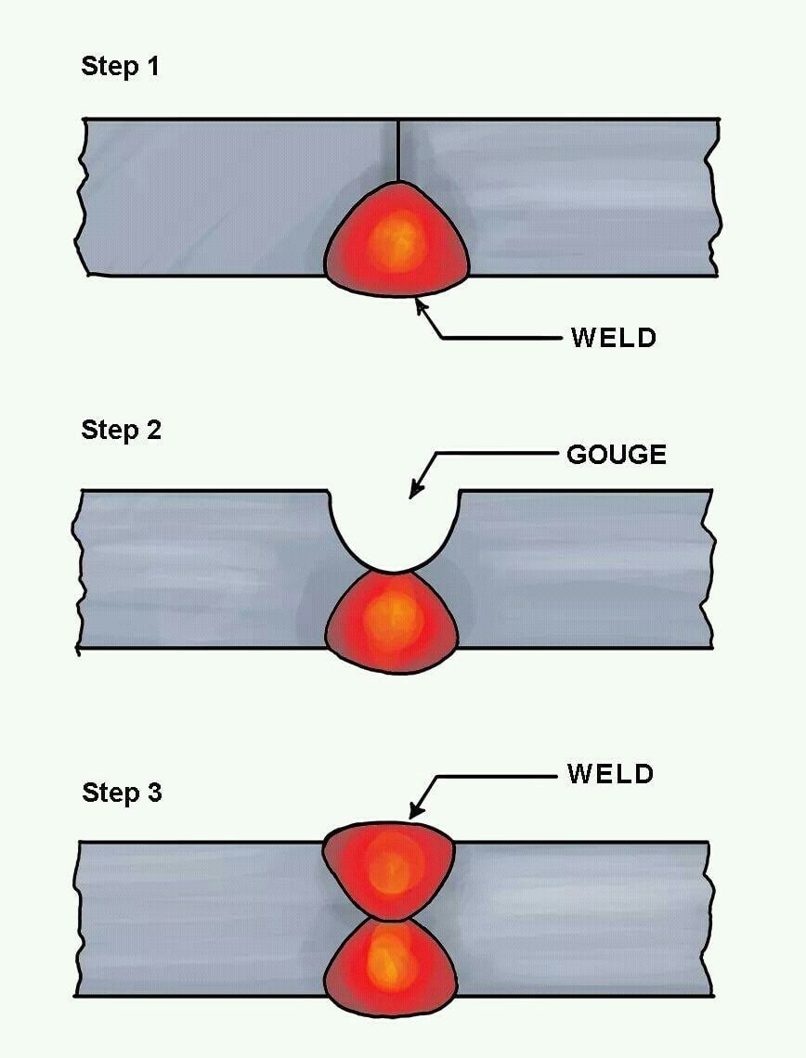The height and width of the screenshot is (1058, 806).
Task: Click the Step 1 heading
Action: [120, 66]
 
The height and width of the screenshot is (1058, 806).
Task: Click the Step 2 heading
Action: [122, 430]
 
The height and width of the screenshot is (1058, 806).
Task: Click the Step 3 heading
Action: [123, 793]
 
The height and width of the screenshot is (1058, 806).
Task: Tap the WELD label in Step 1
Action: [614, 338]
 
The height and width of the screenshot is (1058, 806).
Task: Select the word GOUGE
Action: [617, 454]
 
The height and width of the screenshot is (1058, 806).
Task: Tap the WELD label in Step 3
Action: [611, 773]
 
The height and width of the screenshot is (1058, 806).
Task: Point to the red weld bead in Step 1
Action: [396, 239]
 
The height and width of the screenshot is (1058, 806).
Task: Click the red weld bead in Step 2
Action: [392, 622]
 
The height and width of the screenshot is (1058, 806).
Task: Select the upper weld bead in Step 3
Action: [389, 871]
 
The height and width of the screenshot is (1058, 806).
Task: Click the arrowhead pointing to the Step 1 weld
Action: [422, 308]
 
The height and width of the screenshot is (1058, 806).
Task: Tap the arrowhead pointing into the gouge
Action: [417, 489]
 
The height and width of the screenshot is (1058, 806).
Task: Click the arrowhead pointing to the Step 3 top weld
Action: [417, 809]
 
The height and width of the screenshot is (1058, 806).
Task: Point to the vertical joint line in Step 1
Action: [398, 150]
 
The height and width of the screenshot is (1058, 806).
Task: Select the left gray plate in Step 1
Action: [223, 197]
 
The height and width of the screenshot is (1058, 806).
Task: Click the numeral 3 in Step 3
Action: [154, 793]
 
